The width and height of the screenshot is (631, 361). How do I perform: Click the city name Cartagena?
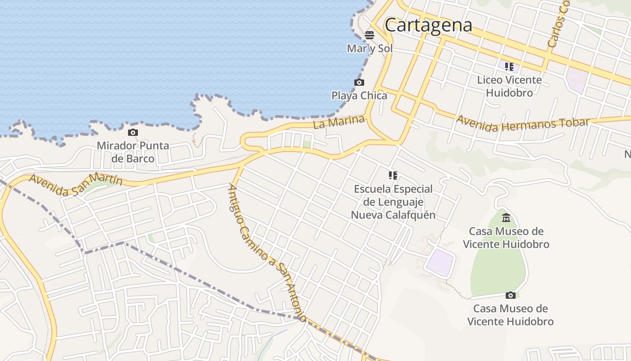428,25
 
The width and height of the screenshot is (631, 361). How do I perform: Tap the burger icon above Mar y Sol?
370,35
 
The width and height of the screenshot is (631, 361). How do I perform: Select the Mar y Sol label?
370,48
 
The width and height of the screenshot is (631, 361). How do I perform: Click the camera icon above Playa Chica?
359,82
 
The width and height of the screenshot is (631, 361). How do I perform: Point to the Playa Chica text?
359,96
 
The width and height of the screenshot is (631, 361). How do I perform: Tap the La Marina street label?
339,122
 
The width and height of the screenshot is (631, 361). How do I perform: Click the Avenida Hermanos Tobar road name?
523,123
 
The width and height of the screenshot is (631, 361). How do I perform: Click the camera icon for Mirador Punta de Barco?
133,132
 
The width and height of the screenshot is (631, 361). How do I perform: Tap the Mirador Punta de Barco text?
133,152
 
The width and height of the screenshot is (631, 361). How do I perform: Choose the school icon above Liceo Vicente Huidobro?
509,67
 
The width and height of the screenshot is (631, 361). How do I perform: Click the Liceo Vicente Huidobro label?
509,86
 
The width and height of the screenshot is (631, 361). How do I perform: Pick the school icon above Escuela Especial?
393,175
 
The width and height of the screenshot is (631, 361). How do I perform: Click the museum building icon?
506,218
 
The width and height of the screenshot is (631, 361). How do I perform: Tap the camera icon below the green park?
510,295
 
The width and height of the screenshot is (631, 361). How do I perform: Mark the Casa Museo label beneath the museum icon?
506,237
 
